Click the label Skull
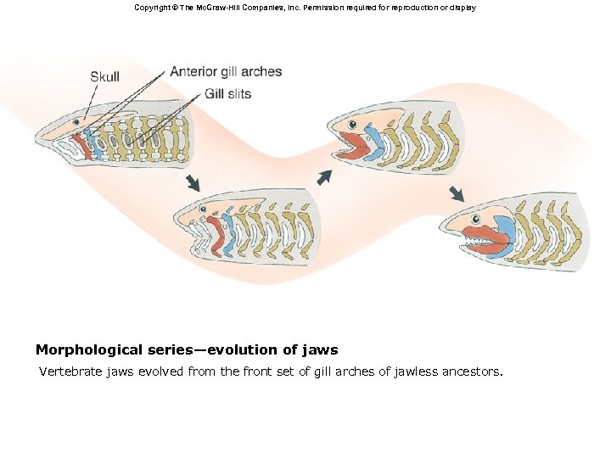104,77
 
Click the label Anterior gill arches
226,71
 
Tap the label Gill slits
227,93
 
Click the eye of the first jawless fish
76,122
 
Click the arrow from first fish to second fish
194,182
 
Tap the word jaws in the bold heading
318,349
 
